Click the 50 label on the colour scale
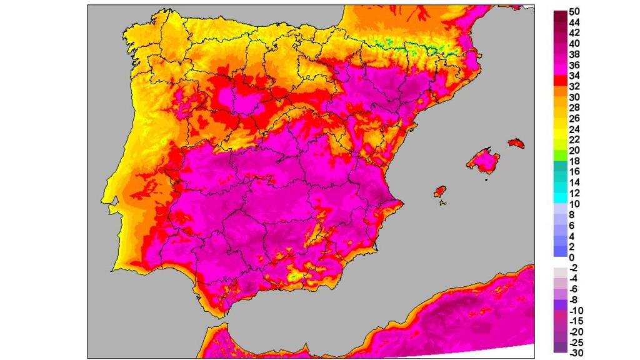574,11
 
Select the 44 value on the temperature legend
574,22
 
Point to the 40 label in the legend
574,44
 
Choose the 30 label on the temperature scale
574,97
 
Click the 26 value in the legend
574,119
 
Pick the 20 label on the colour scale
574,151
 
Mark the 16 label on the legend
574,172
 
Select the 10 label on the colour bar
574,204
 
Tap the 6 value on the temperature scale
572,225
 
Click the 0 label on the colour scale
572,257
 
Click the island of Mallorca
484,161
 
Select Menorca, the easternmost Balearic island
516,143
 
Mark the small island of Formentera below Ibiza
442,201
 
